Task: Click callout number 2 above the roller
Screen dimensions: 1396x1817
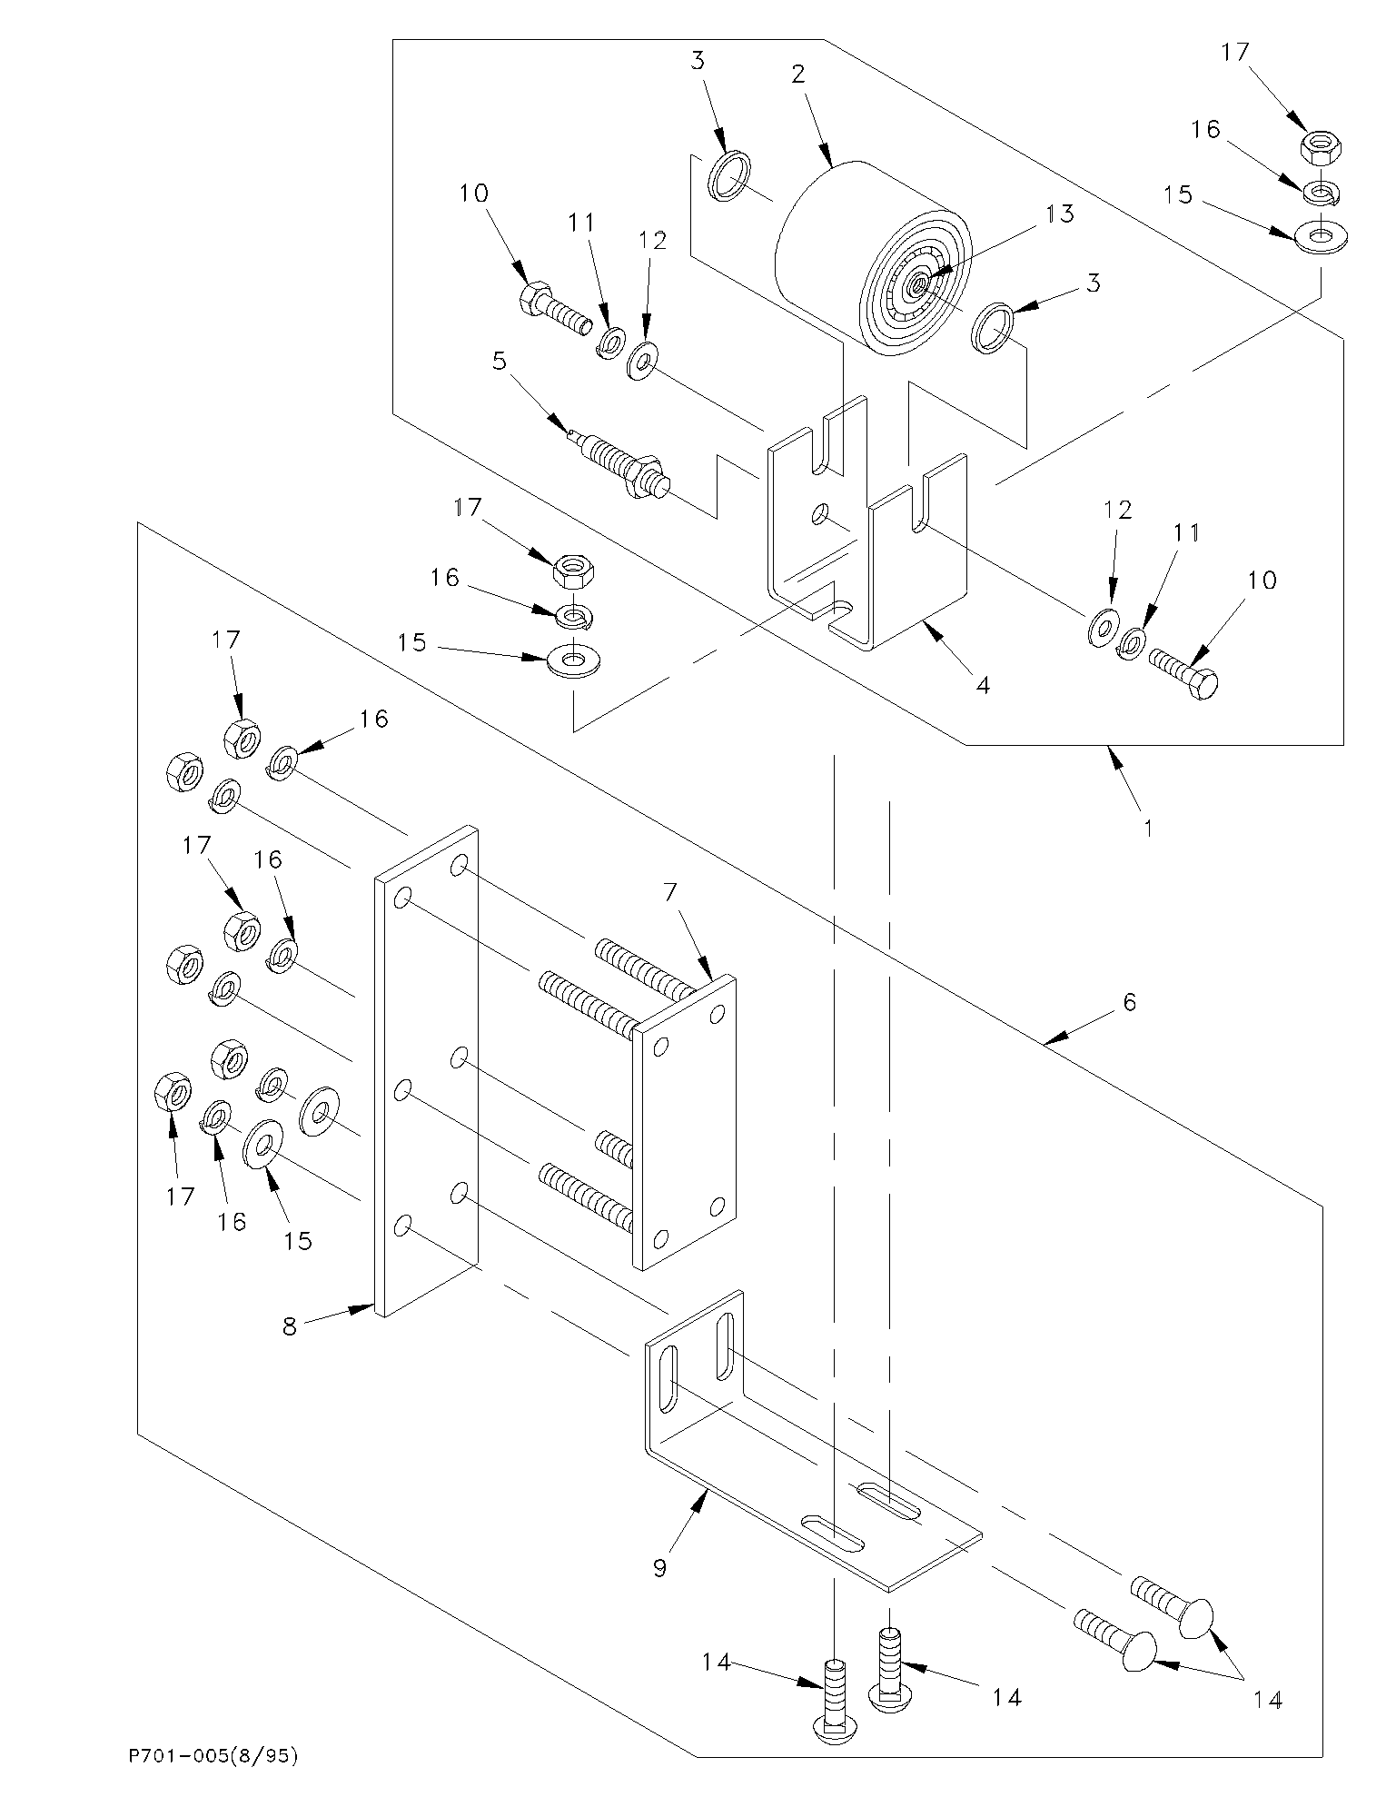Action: (x=798, y=74)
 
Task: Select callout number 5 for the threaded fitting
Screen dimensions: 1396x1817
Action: (x=498, y=362)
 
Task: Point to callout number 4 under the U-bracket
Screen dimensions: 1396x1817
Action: (x=983, y=685)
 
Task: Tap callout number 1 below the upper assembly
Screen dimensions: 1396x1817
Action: (x=1149, y=828)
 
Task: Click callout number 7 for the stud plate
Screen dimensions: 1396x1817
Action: (x=670, y=893)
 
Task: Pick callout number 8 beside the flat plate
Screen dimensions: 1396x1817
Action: (x=290, y=1326)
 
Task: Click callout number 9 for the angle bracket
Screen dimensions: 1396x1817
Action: (x=660, y=1567)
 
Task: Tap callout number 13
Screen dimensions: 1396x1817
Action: (x=1060, y=214)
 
